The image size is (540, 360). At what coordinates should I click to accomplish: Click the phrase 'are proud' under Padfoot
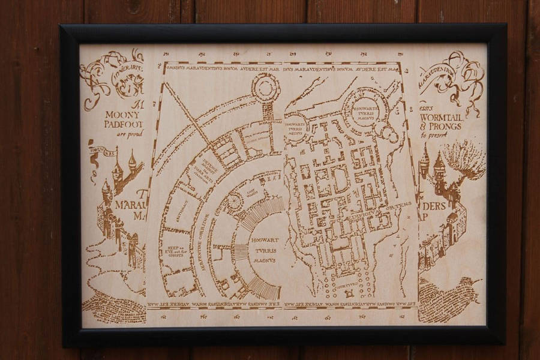click(127, 134)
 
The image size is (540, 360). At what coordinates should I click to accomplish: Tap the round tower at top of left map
click(265, 88)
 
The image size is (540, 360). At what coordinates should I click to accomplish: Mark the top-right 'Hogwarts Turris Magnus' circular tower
click(365, 110)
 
